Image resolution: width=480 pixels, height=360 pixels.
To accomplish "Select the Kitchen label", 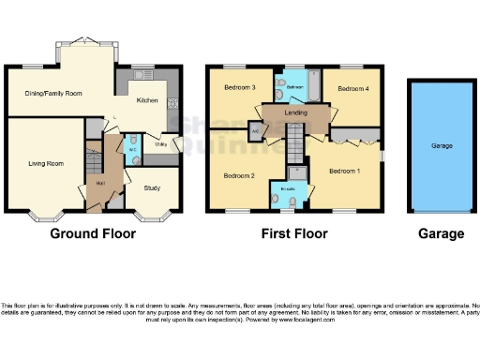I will click(x=147, y=100).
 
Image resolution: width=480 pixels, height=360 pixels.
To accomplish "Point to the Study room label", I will click(x=151, y=187).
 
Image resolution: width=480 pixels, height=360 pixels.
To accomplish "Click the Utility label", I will click(x=161, y=145).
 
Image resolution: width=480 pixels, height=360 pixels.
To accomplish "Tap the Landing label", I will click(x=295, y=112).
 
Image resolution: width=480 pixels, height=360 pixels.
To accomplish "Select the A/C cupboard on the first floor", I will click(x=255, y=131).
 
